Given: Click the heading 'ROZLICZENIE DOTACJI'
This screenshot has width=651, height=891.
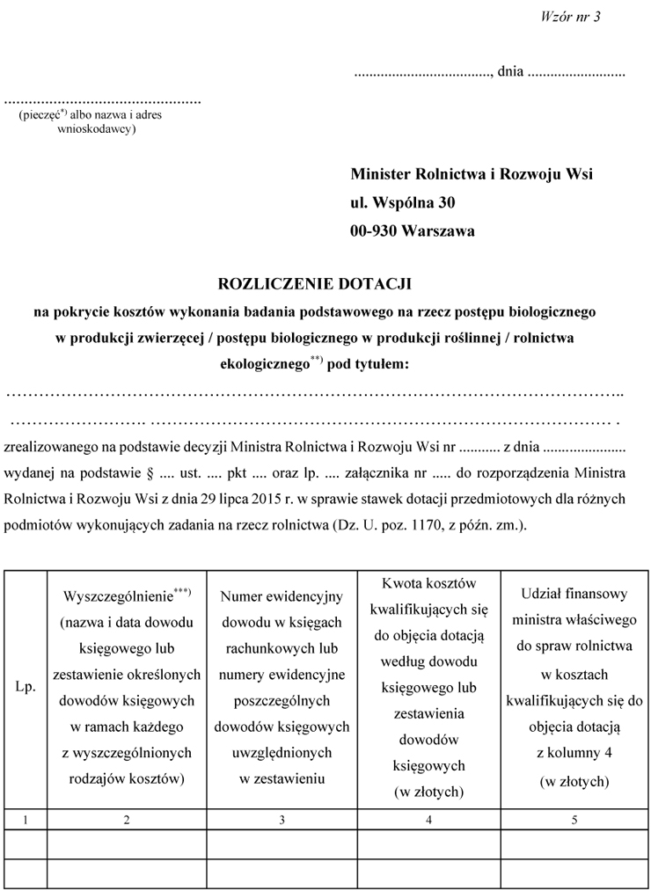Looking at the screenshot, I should (x=314, y=284).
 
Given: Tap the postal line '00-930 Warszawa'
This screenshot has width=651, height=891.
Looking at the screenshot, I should (x=413, y=231).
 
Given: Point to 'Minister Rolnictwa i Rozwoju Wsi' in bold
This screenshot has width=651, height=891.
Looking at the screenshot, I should (x=472, y=174).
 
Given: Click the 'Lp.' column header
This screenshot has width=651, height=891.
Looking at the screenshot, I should (x=26, y=687).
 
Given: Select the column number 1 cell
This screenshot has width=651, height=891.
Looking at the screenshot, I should (x=26, y=820).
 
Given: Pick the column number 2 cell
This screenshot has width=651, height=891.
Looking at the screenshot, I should (x=128, y=820).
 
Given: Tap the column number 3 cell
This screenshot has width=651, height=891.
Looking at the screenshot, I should (x=282, y=820).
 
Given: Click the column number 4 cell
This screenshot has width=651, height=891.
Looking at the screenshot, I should (x=428, y=820).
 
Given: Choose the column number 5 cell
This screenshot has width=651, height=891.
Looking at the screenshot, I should (x=574, y=820).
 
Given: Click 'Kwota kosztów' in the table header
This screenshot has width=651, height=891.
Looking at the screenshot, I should (x=428, y=584).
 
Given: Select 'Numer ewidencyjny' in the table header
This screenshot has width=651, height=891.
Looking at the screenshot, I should (x=282, y=597).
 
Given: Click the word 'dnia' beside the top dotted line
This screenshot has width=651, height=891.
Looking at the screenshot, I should (x=510, y=72).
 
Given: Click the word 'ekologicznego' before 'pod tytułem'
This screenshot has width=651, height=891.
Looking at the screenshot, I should (x=263, y=362).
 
